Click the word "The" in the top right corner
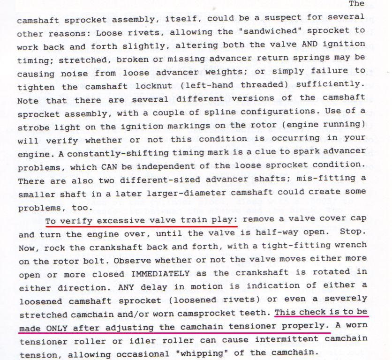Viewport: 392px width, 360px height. [357, 4]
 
